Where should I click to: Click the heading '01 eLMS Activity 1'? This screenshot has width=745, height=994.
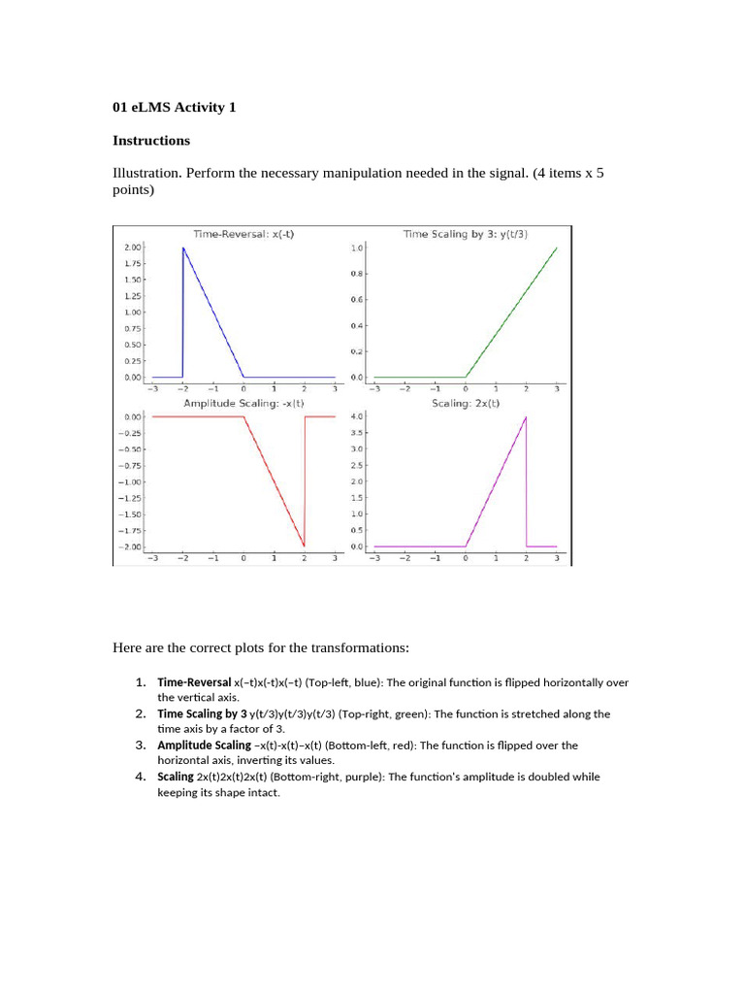pyautogui.click(x=174, y=108)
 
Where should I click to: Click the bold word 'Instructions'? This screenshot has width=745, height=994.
pyautogui.click(x=151, y=141)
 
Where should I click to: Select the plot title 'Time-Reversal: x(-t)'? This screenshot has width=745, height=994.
pyautogui.click(x=243, y=234)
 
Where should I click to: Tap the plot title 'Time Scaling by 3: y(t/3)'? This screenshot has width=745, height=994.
pyautogui.click(x=465, y=234)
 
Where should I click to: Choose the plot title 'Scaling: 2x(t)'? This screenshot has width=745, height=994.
pyautogui.click(x=466, y=403)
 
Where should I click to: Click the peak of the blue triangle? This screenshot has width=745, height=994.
pyautogui.click(x=183, y=248)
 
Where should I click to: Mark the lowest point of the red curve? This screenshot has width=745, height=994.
pyautogui.click(x=305, y=546)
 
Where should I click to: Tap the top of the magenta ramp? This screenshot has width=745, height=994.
pyautogui.click(x=526, y=417)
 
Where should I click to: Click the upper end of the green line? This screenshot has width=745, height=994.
pyautogui.click(x=557, y=248)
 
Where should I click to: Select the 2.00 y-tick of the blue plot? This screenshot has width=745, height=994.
pyautogui.click(x=133, y=248)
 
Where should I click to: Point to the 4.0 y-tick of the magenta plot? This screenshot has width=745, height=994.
pyautogui.click(x=356, y=416)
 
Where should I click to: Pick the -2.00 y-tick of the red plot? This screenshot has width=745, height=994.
pyautogui.click(x=131, y=547)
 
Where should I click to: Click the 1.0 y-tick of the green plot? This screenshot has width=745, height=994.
pyautogui.click(x=357, y=248)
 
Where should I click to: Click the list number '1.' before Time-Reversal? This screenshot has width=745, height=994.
pyautogui.click(x=141, y=681)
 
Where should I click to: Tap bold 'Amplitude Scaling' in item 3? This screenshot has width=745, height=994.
pyautogui.click(x=204, y=745)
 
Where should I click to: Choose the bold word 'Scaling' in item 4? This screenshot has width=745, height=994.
pyautogui.click(x=176, y=777)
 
